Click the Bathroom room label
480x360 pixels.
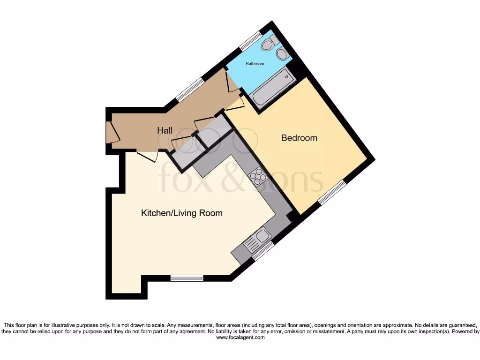[x=255, y=64]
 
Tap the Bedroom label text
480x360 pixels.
[x=299, y=138]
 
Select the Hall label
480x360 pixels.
[x=165, y=130]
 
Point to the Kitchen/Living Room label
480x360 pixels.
[x=182, y=213]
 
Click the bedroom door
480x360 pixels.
[x=234, y=104]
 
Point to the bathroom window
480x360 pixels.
[x=250, y=40]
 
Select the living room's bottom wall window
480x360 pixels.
[x=187, y=278]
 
